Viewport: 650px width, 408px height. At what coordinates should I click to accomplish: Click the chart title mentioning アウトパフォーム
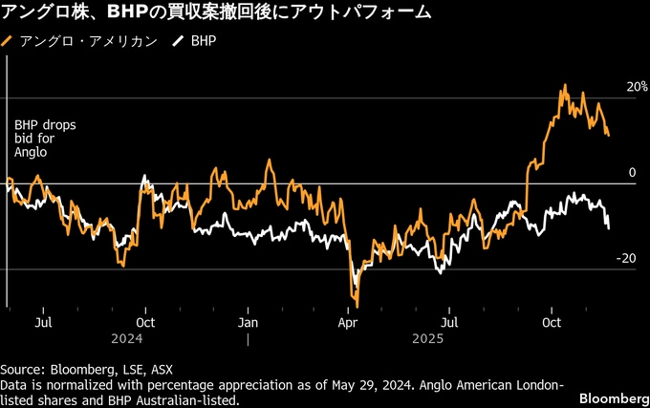tap(215, 13)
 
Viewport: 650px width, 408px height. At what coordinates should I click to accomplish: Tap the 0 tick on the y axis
tap(632, 173)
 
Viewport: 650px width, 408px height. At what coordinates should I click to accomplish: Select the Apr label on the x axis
tap(348, 322)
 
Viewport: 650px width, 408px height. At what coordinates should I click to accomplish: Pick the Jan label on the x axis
tap(247, 322)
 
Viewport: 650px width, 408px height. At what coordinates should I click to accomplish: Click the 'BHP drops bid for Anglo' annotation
tap(38, 139)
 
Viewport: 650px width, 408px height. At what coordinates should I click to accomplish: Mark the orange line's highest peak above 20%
tap(564, 86)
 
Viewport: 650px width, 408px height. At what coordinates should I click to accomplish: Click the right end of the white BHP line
tap(609, 227)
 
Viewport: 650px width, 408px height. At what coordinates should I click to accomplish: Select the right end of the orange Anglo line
tap(609, 135)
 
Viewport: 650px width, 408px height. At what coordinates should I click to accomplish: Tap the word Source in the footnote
tap(20, 369)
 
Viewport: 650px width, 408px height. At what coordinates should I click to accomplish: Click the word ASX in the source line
tap(162, 369)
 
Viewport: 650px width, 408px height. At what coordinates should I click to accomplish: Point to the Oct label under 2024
tap(145, 322)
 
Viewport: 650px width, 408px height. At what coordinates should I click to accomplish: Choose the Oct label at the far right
tap(551, 322)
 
